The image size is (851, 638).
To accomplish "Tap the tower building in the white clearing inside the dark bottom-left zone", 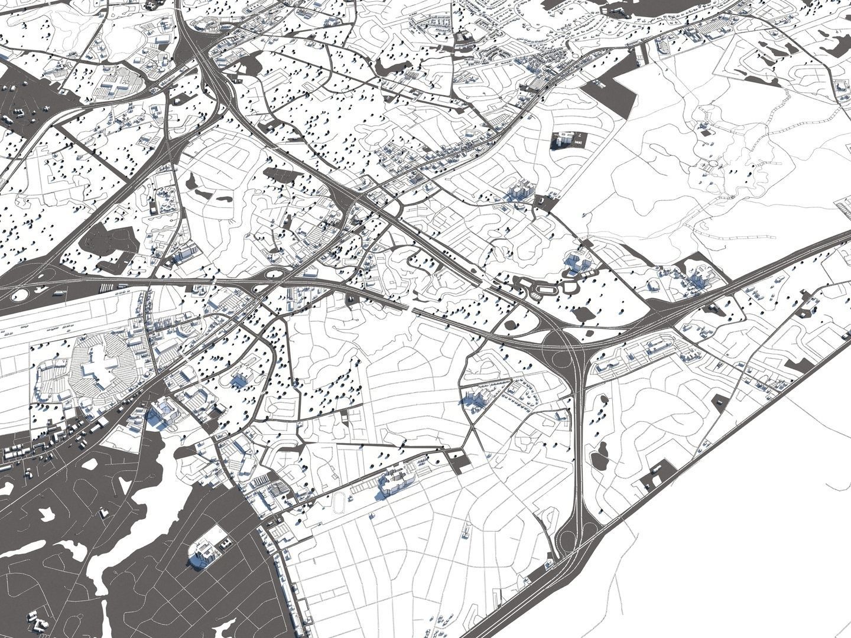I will tap(202, 553).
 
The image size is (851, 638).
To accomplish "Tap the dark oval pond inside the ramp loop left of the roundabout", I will tap(511, 325).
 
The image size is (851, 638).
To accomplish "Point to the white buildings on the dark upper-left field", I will tap(18, 112).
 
